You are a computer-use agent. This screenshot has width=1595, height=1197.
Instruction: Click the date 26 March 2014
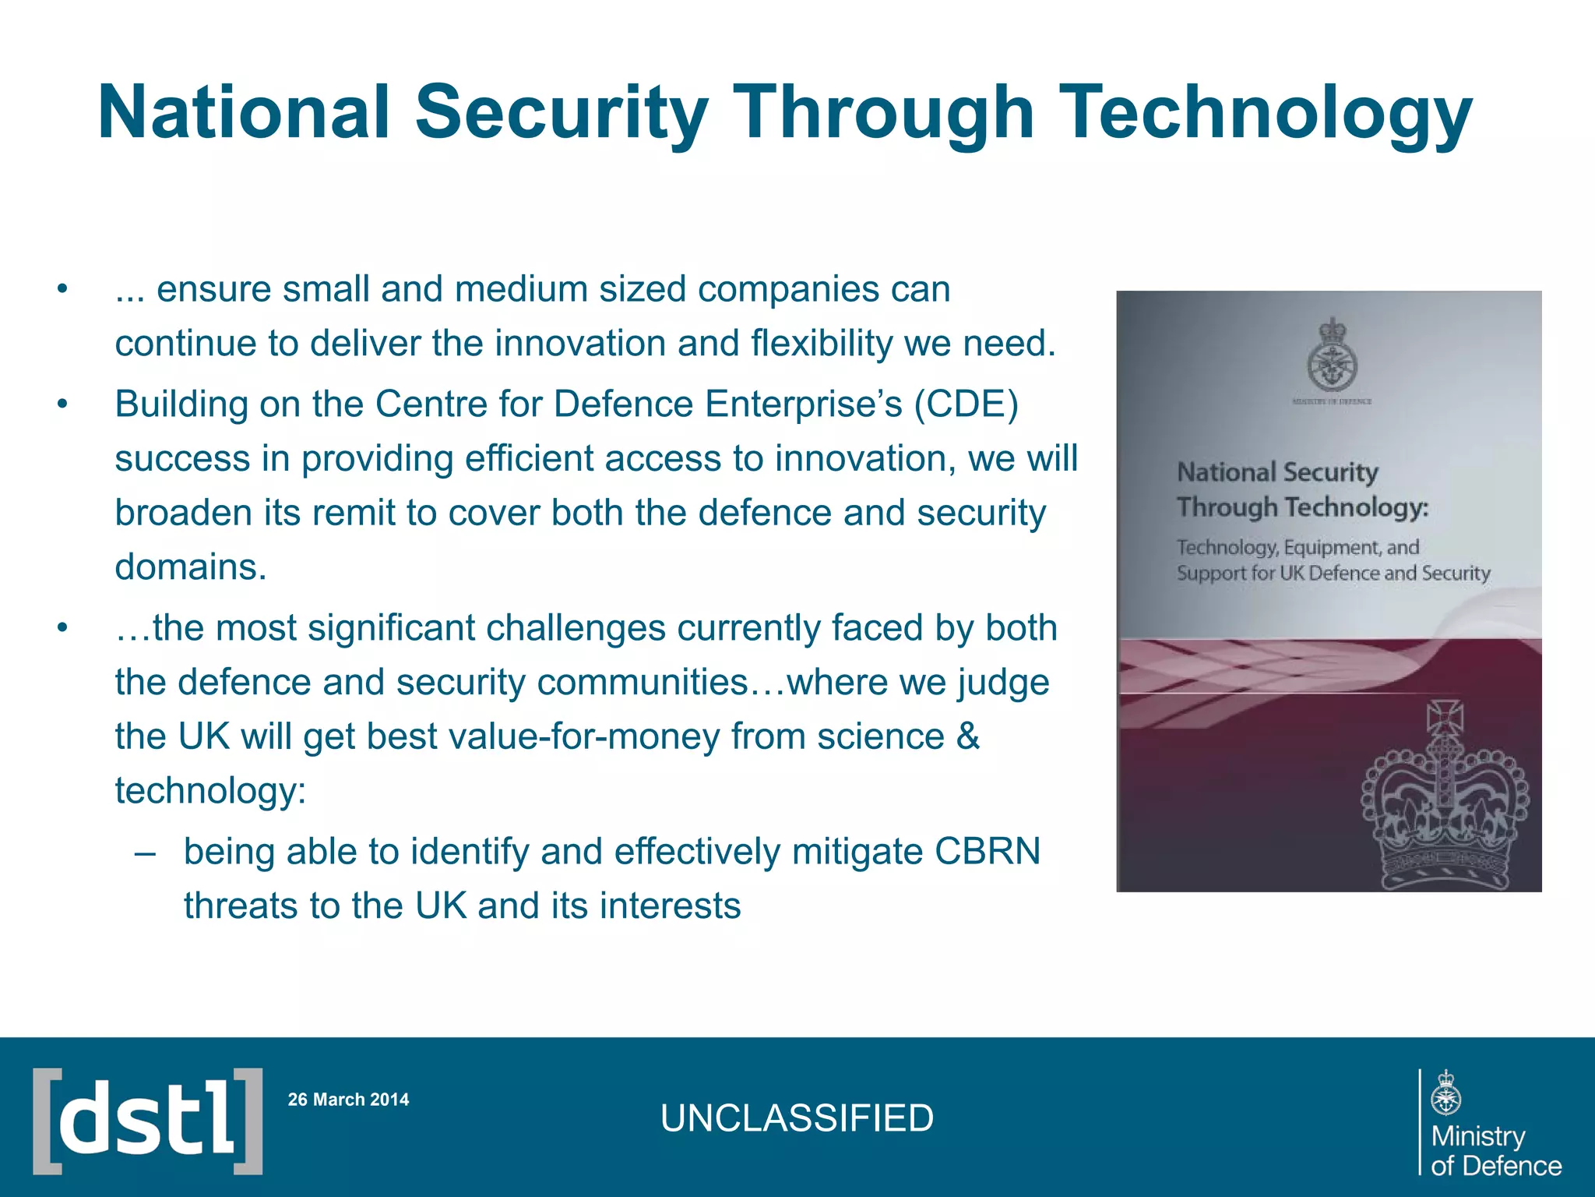point(348,1100)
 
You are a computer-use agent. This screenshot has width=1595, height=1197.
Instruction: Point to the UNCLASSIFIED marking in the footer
point(797,1118)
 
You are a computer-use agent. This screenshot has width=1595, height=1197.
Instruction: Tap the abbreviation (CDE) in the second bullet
point(966,404)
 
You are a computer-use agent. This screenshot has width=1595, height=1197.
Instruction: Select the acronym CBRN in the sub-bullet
point(987,852)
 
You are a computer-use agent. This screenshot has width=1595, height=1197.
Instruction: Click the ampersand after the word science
point(967,736)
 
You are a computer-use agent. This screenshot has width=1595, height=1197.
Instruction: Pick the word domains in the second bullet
point(191,567)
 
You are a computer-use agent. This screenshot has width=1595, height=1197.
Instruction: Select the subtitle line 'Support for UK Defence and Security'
point(1333,574)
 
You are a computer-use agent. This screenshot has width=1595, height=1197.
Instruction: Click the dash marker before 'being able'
point(145,852)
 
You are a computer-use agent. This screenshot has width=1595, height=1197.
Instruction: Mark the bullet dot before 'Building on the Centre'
point(62,404)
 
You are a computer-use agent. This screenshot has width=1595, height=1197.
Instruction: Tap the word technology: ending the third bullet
point(210,791)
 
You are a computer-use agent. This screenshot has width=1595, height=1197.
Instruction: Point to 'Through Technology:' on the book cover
point(1302,507)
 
